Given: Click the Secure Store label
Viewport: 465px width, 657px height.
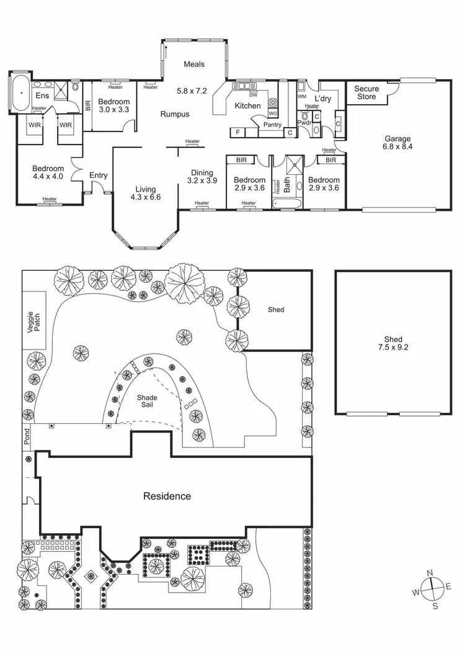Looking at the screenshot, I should [366, 93].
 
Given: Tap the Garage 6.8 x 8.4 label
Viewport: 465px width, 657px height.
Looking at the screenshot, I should [397, 143].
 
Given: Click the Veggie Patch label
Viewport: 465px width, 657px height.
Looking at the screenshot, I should [33, 320].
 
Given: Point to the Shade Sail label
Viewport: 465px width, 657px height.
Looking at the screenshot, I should [148, 401].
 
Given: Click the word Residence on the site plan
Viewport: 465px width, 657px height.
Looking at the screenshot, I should [167, 496].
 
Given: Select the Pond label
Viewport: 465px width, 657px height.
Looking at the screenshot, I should [27, 438].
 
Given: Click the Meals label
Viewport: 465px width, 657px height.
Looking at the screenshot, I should [194, 64].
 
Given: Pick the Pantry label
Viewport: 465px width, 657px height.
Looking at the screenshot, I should [272, 125].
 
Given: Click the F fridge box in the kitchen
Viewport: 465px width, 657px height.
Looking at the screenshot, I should [237, 132].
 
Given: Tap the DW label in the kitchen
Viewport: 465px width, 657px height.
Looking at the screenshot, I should [252, 95].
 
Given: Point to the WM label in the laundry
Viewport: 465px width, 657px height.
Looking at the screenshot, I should [302, 97].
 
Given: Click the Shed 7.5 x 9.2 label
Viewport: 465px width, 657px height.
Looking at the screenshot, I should [393, 343].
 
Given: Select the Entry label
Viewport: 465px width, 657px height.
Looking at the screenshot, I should [98, 175].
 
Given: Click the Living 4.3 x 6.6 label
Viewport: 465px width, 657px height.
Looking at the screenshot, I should [146, 193].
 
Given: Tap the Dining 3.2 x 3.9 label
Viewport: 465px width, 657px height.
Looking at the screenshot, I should [202, 177].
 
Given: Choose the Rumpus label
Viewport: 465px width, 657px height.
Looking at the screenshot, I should [175, 114].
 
